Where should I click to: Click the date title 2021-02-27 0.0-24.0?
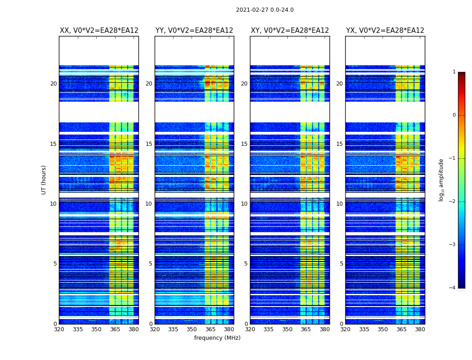[x=265, y=10]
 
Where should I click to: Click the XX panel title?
[x=99, y=31]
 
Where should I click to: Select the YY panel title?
[x=194, y=31]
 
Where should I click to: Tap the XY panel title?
[x=290, y=31]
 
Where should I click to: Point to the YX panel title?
[x=385, y=31]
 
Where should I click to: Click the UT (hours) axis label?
[x=44, y=180]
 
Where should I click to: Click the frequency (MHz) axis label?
[x=217, y=338]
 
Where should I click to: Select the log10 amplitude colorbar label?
[x=441, y=180]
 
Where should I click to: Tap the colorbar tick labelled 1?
[x=454, y=72]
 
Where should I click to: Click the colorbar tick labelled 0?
[x=454, y=115]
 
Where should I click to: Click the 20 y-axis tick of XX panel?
[x=53, y=84]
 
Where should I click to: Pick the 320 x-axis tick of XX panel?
[x=59, y=329]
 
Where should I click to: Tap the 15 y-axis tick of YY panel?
[x=149, y=144]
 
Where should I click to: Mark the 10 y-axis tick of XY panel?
[x=244, y=204]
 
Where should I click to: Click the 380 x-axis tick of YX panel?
[x=420, y=329]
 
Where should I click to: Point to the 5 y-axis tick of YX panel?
[x=341, y=264]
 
